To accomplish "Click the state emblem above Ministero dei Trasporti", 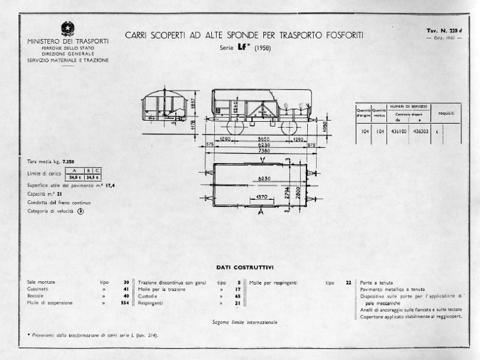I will point(67,28).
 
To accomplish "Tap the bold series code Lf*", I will point(244,47).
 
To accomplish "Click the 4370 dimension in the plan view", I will point(261,196).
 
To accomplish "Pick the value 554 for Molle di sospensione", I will point(124,303).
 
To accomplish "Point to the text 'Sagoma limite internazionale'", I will point(244,322).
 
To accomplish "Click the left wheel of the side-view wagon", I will point(233,129).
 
